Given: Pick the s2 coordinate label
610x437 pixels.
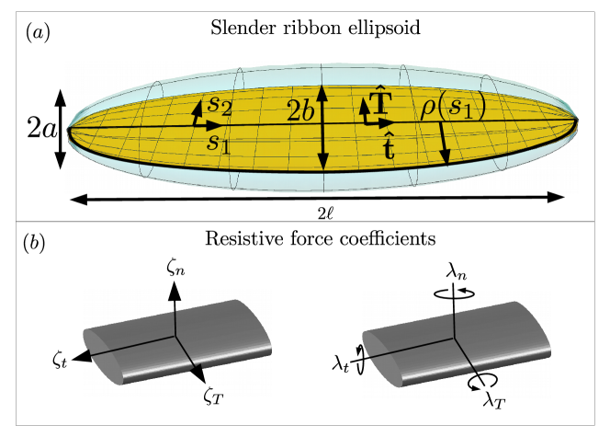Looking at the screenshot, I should point(218,103).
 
